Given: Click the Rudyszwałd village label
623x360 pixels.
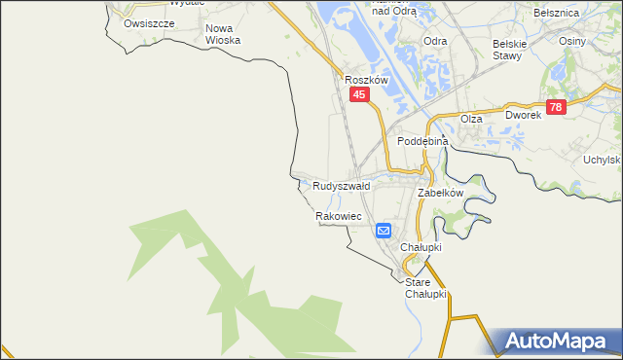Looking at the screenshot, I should pos(341,185).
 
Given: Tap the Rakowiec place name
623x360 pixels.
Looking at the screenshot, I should pos(339,216).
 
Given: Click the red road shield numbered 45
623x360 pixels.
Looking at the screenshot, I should pos(360,94).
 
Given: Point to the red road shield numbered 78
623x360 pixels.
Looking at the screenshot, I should pos(555,108).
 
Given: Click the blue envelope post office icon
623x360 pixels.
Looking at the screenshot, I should pos(384,231).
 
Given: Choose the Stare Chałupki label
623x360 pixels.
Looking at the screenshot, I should pos(425,288).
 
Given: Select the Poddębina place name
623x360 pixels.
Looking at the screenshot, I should pos(422,141).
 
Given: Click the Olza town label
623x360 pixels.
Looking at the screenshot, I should pos(471,119).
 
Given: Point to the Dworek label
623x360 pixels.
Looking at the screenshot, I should pos(522,115).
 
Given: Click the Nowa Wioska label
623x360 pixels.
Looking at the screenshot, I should pos(222,34).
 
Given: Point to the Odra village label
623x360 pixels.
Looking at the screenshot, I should pos(435,42).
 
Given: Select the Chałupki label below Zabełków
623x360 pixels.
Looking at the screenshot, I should pos(422,247).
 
